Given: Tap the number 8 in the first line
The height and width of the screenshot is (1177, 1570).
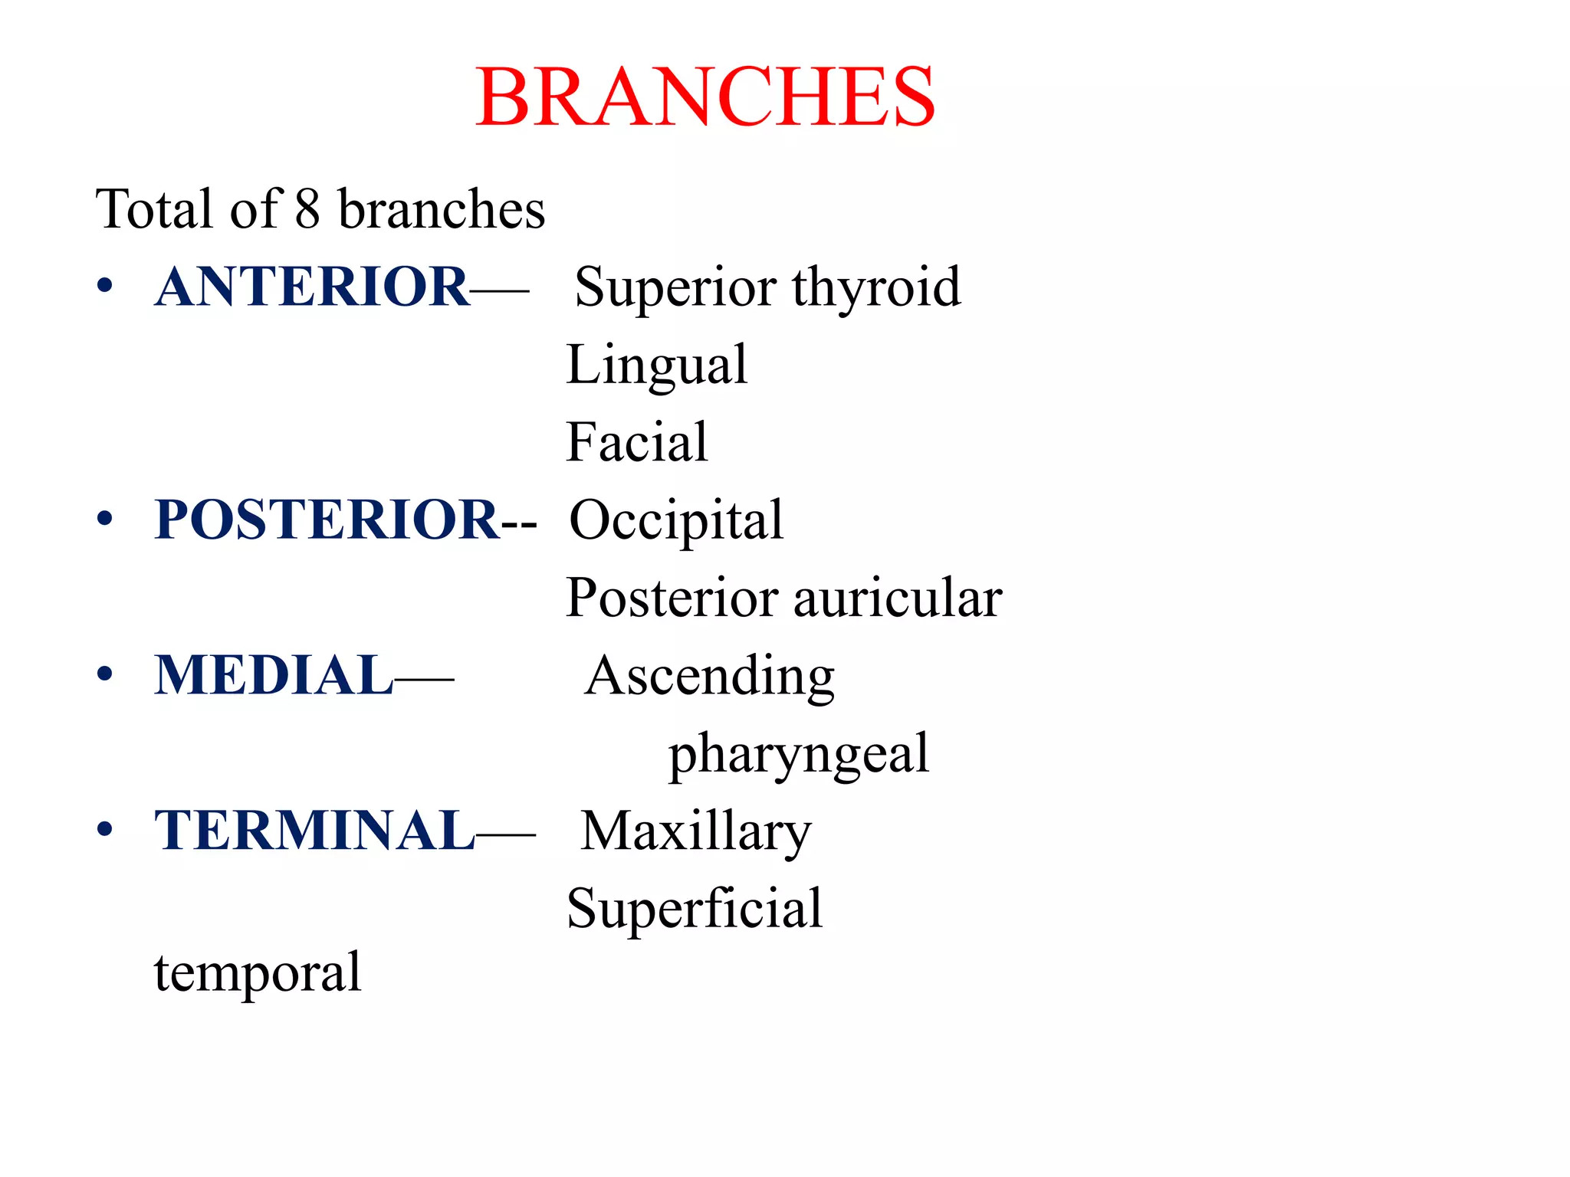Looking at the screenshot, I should coord(307,209).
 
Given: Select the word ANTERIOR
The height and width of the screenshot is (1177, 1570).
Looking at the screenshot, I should coord(311,287).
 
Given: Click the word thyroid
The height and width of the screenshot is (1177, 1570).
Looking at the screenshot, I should coord(876,288).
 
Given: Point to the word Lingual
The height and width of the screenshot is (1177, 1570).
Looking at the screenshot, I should coord(656,366).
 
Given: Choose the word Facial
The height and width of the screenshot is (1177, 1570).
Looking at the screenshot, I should coord(636,442).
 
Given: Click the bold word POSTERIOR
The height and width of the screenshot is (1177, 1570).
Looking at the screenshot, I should coord(327,520).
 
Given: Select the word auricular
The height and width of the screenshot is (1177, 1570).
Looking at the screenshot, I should coord(898,598).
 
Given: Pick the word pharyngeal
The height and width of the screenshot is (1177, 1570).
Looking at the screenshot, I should coord(799,755).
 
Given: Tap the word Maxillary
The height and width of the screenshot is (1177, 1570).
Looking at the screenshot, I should coord(695,832).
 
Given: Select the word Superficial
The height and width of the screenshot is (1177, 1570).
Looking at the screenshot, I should coord(694,909).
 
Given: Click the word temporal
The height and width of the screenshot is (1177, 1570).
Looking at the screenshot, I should coord(257,973).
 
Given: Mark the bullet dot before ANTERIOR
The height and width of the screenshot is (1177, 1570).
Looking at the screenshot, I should coord(105,287).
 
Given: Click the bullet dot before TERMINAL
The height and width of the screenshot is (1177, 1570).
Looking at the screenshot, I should coord(105,830).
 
